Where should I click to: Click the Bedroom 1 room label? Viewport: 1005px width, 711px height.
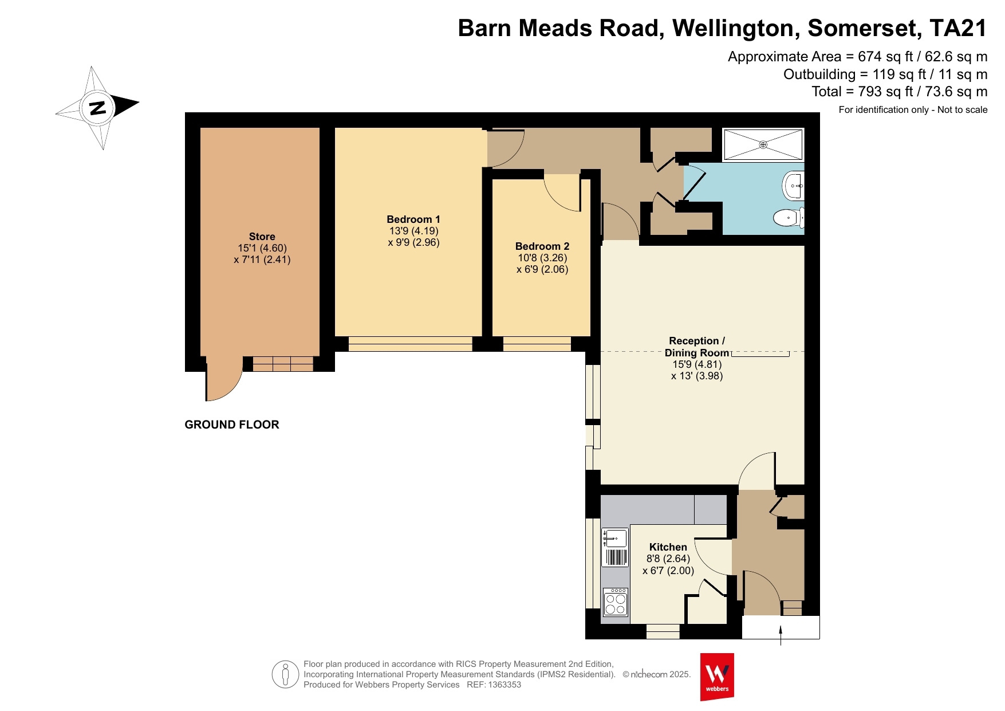pos(413,219)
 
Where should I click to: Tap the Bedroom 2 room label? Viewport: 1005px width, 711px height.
pos(542,246)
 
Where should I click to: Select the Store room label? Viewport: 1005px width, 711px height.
pos(262,237)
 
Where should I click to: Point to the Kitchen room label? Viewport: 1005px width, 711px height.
pos(668,547)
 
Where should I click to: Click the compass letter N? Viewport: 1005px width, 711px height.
pos(98,107)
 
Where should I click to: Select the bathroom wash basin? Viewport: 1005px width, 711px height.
pos(793,186)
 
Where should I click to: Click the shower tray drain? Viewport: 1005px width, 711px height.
pos(763,144)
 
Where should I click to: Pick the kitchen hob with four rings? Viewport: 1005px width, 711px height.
pos(616,602)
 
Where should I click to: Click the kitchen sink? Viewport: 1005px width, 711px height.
pos(615,548)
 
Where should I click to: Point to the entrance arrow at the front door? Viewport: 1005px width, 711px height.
pos(781,635)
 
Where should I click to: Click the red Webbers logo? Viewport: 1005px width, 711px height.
pos(717,677)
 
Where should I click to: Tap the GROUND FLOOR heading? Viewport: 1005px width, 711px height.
pos(232,425)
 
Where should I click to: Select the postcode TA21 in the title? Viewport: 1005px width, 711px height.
pos(959,28)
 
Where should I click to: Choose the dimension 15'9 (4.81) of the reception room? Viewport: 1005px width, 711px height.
pos(697,364)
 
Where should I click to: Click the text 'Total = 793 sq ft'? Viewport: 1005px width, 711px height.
pos(861,92)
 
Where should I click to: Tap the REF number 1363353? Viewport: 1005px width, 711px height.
pos(505,685)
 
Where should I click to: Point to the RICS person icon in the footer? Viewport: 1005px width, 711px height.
pos(286,674)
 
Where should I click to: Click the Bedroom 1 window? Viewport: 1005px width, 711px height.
pos(410,344)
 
